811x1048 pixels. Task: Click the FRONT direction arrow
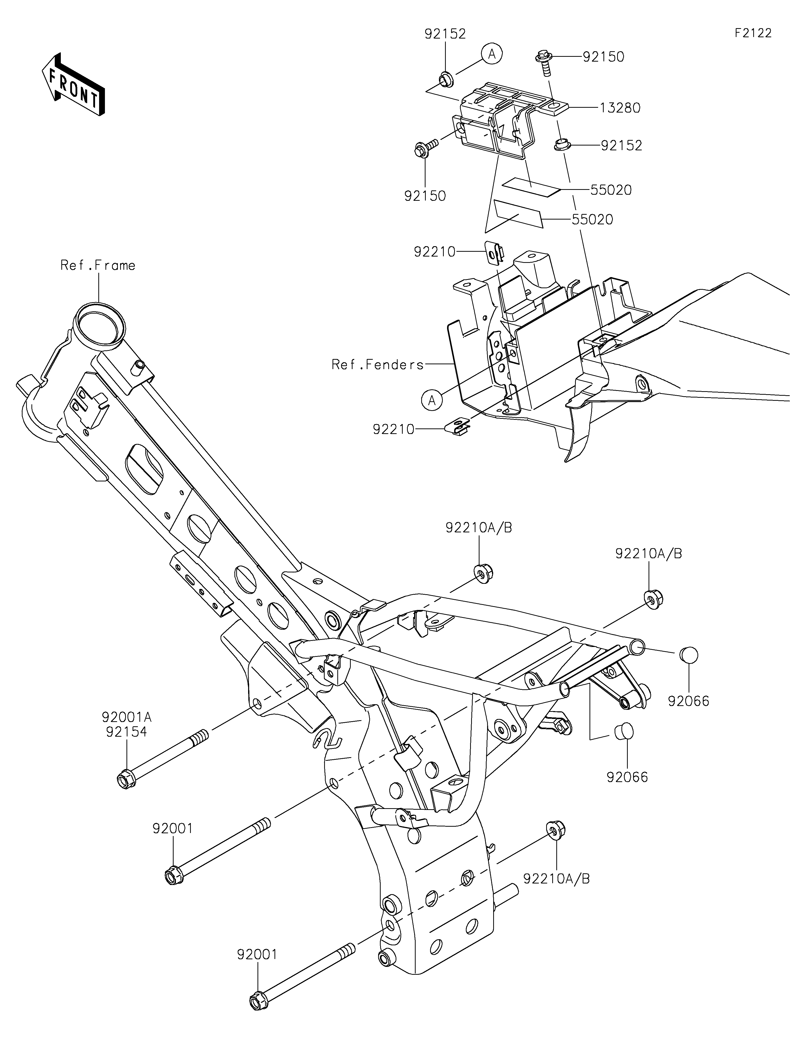pyautogui.click(x=73, y=84)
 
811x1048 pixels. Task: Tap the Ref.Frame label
pyautogui.click(x=98, y=265)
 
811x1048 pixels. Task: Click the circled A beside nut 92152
pyautogui.click(x=492, y=54)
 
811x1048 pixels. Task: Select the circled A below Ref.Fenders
pyautogui.click(x=432, y=400)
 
